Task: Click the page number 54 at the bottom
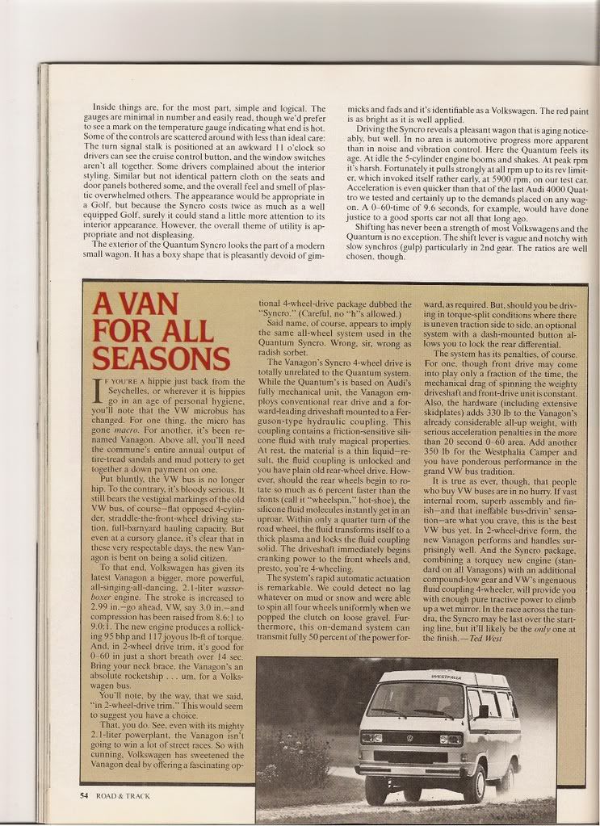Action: (84, 795)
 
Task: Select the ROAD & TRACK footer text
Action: (122, 795)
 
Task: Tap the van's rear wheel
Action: (506, 778)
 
